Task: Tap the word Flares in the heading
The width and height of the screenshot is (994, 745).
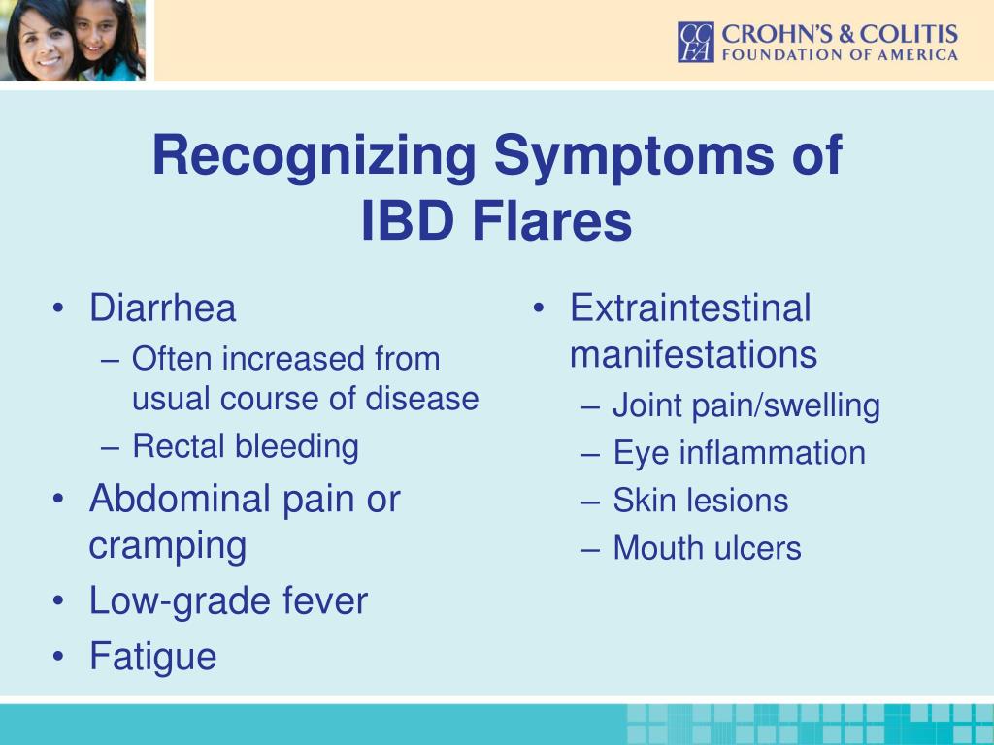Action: point(552,222)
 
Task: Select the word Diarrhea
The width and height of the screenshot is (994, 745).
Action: point(163,308)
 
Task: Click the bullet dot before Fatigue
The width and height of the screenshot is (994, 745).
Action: point(58,657)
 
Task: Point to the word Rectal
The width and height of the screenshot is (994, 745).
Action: point(179,445)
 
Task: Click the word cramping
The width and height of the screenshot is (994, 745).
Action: point(168,547)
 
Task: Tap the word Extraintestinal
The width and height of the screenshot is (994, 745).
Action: point(690,308)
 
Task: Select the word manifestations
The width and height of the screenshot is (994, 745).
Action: point(693,354)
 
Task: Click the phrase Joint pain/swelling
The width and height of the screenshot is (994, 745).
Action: point(746,406)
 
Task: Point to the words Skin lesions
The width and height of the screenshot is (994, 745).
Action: point(701,501)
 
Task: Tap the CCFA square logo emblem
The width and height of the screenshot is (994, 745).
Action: point(696,43)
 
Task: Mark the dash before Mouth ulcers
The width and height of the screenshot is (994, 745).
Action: point(590,549)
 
